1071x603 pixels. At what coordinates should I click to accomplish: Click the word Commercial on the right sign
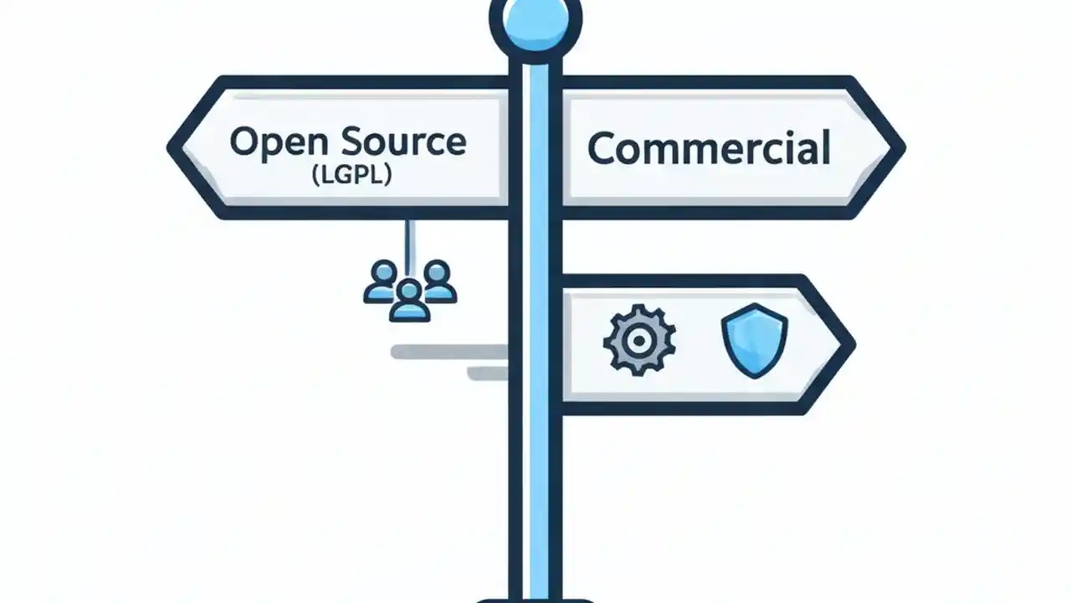[709, 148]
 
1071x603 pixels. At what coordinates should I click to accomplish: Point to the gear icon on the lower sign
[639, 340]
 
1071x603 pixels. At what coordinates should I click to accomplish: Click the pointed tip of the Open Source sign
[174, 147]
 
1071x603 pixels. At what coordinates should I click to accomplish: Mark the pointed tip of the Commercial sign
[899, 147]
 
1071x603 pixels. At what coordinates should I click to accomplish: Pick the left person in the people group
[383, 281]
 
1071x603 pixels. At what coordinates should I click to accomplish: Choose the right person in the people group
[438, 281]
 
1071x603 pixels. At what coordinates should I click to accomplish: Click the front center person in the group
[409, 301]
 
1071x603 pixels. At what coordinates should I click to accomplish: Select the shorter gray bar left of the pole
[487, 374]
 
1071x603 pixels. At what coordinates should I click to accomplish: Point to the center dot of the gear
[639, 340]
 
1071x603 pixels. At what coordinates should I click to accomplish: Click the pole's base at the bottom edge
[535, 598]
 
